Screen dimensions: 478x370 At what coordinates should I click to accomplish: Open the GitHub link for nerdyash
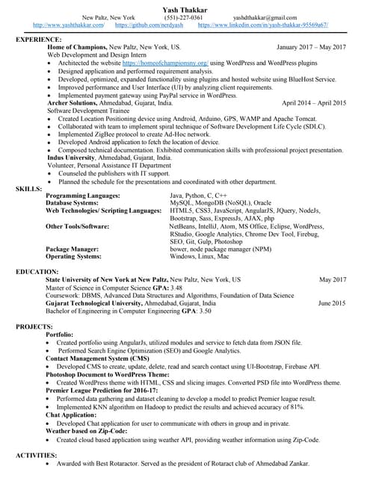149,25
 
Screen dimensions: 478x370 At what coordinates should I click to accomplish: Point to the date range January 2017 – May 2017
312,47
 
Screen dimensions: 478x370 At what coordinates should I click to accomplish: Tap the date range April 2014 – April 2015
314,102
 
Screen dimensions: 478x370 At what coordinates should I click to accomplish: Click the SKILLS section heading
28,188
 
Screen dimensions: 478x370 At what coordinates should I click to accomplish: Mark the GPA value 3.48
176,287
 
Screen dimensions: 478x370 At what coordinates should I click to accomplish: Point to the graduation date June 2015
331,303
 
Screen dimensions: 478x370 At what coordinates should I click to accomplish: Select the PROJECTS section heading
34,327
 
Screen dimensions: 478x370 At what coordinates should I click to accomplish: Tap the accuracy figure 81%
297,407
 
